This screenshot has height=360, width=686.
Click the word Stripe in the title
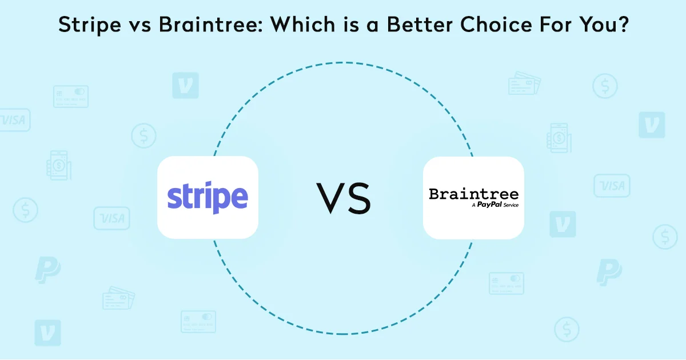point(90,25)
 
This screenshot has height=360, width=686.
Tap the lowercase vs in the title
point(140,27)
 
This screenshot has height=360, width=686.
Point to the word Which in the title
point(303,24)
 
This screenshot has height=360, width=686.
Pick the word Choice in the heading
point(496,24)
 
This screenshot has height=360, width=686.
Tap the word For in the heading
point(556,24)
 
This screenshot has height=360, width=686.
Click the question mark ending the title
point(622,24)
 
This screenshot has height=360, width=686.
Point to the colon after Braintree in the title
point(260,27)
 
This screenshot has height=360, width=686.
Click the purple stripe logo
point(208,198)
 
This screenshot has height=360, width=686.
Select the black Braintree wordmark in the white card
point(473,194)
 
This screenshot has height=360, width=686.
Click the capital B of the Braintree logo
point(434,194)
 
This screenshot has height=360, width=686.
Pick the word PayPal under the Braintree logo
point(489,205)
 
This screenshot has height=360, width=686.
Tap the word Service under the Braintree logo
point(511,205)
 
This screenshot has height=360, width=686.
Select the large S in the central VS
point(359,198)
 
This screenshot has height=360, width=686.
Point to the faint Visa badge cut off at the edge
point(14,120)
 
